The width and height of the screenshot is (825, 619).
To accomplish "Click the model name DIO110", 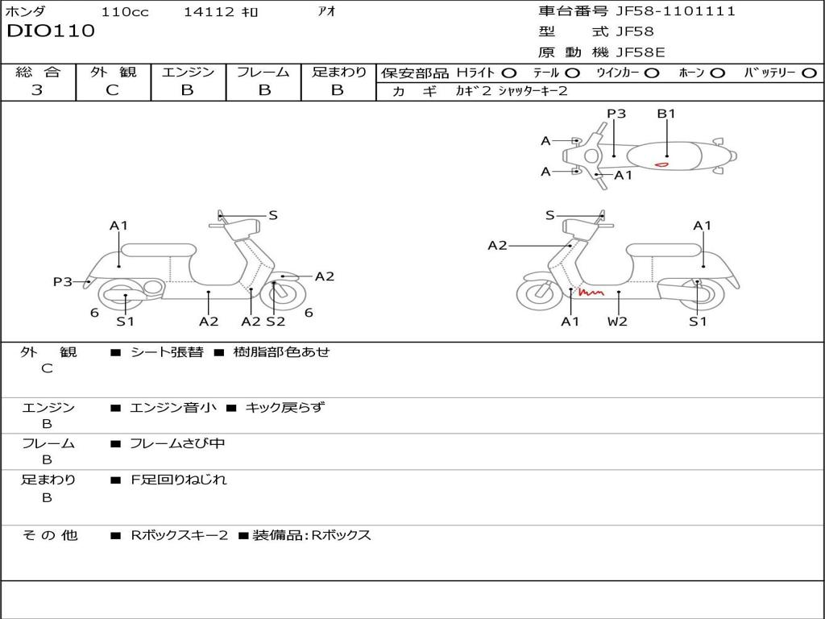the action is (x=51, y=31).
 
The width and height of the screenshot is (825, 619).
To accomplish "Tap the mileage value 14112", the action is (x=209, y=12).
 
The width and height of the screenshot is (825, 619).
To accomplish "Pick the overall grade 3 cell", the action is (x=37, y=90).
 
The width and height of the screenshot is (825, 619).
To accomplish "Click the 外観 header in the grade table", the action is (x=113, y=73).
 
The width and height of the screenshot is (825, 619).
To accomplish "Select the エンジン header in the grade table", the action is (x=188, y=73).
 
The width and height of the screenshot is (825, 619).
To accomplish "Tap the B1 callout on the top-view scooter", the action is (x=666, y=114).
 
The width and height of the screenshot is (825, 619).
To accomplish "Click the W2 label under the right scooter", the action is (x=618, y=322).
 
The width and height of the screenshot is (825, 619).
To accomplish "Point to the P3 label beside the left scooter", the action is (x=63, y=281).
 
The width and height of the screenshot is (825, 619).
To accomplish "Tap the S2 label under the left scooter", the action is (x=276, y=322).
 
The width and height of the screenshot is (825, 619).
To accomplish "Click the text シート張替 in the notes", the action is (x=167, y=352).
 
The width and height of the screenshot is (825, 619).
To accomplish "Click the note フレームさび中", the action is (x=177, y=443).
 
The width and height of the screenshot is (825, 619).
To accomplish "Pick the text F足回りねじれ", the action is (x=179, y=480).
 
